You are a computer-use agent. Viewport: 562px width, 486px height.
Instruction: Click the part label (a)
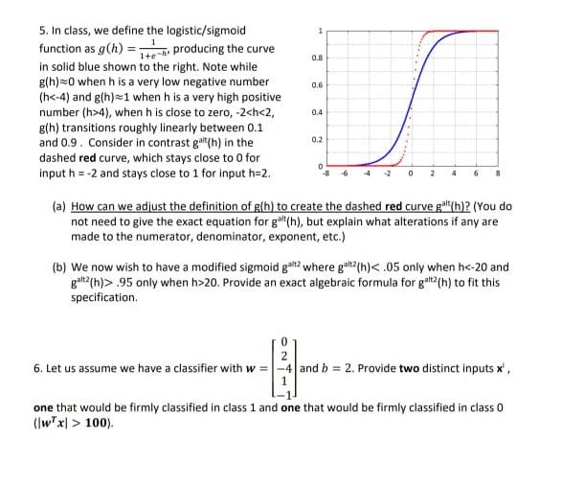pyautogui.click(x=57, y=206)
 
